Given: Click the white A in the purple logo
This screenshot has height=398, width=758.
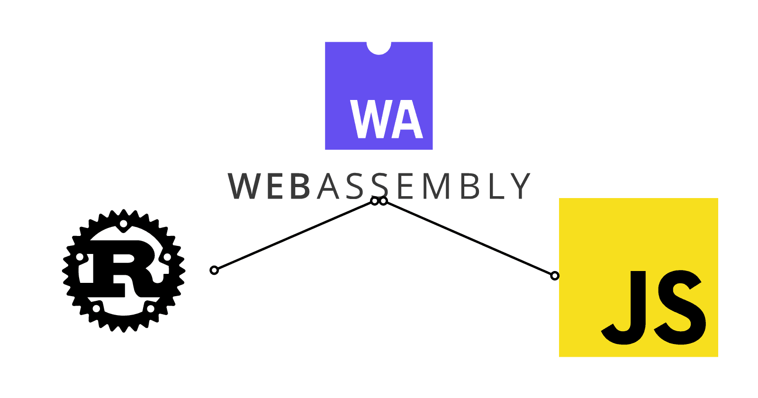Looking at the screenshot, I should (x=406, y=119).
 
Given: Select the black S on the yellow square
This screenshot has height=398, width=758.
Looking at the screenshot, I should (x=679, y=307).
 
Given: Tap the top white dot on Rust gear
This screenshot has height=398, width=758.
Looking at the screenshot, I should (x=123, y=224).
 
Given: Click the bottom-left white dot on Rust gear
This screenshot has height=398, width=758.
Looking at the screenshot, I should (x=96, y=308).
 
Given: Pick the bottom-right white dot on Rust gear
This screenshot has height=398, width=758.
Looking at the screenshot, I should (x=150, y=308).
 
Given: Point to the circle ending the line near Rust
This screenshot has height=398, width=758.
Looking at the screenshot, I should (x=214, y=270).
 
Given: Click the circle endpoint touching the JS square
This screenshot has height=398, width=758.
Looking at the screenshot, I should (x=555, y=276).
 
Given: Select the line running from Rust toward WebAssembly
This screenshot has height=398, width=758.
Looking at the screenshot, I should (x=294, y=236).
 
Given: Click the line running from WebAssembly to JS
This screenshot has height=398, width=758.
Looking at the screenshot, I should (x=469, y=238).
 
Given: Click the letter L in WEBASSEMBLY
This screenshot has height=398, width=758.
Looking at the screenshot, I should (x=496, y=186).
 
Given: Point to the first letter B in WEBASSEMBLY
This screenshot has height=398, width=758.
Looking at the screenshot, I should (x=300, y=186).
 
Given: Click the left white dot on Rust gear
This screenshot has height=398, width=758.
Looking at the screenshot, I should (x=80, y=257).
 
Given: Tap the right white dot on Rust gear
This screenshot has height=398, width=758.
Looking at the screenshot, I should (x=167, y=257).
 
